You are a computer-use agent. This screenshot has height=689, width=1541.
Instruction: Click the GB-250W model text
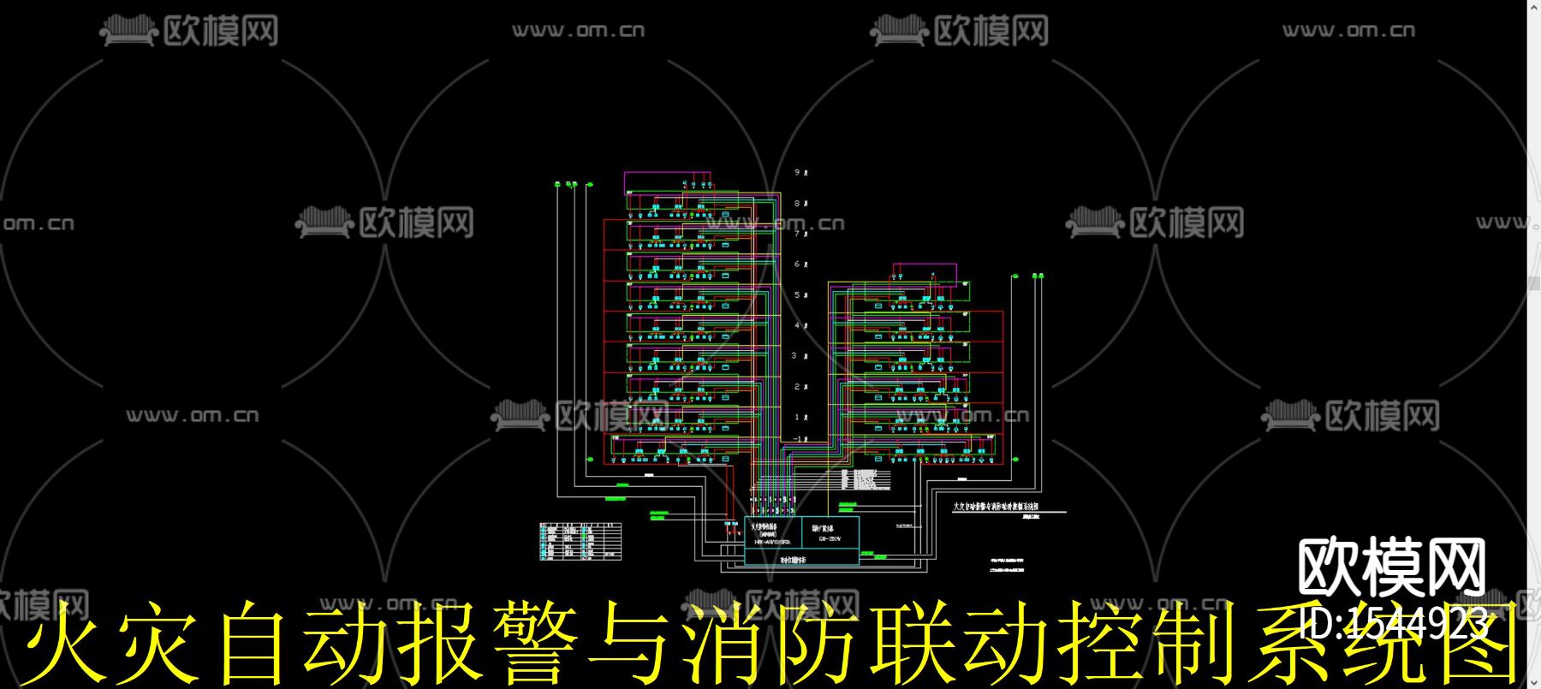[x=830, y=539]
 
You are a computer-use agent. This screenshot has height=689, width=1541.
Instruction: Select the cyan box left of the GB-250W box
[x=773, y=532]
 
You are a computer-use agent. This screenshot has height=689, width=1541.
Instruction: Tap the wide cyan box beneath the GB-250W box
[x=801, y=557]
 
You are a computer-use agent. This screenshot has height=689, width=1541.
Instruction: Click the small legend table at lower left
[x=580, y=541]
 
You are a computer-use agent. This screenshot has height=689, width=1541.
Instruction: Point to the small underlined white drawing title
[x=996, y=507]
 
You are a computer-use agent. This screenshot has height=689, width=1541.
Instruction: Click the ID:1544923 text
[x=1394, y=623]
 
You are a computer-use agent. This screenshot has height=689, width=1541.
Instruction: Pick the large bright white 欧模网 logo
[x=1392, y=567]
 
